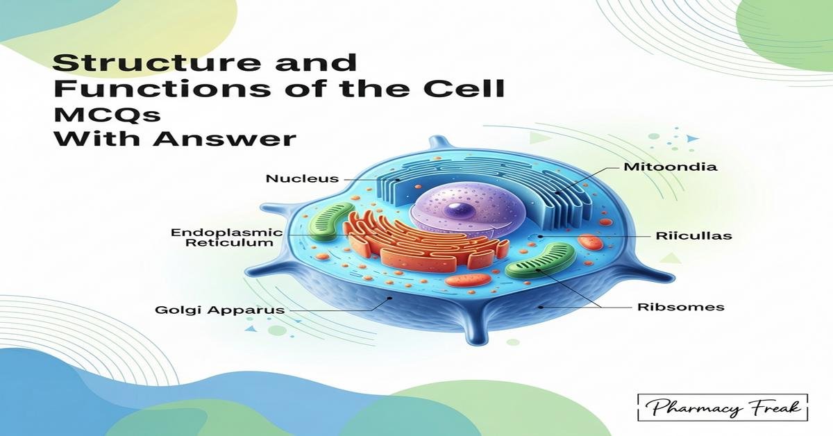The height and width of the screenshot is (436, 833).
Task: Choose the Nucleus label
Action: point(302,179)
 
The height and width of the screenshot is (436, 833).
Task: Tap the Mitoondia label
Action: point(661,167)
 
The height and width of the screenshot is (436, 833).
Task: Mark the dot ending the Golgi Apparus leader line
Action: point(390,299)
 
